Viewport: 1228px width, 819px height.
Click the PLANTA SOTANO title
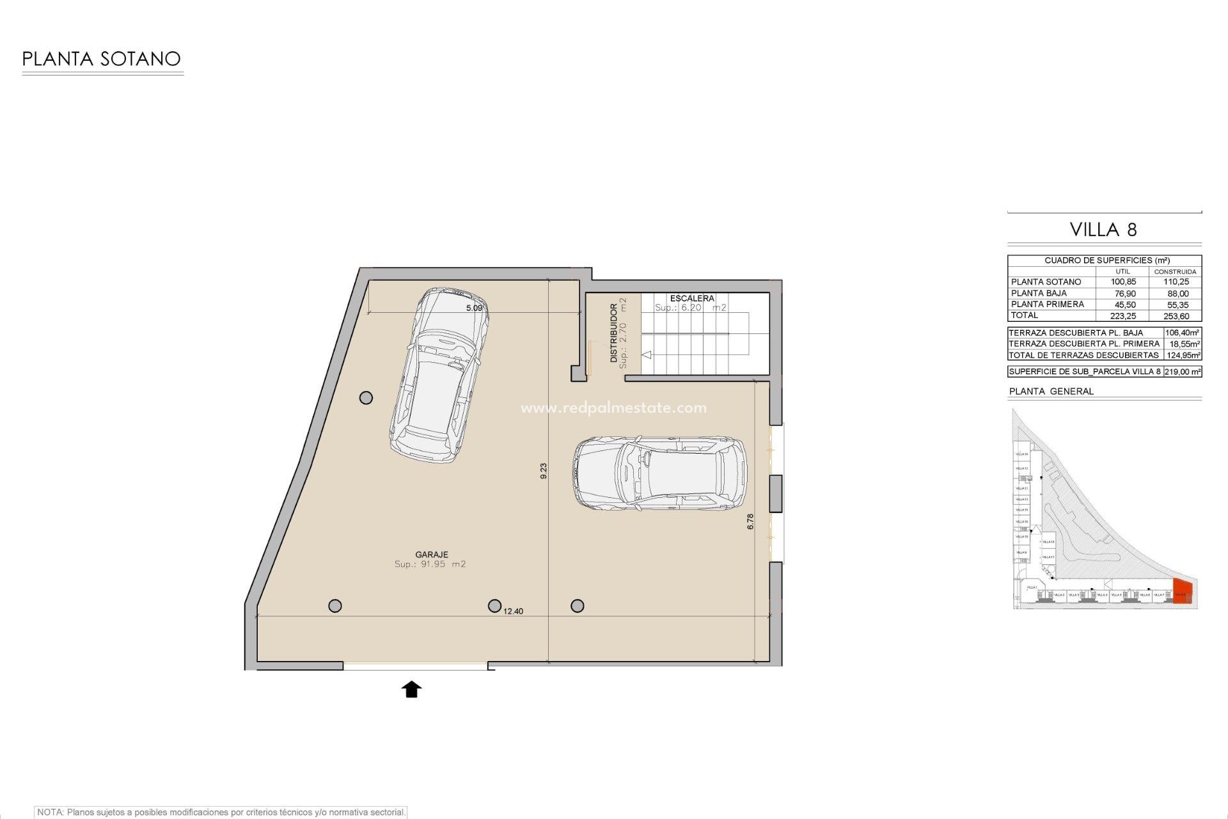coord(101,59)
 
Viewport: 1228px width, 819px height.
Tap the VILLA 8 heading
coord(1103,230)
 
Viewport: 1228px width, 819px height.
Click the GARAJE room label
coord(431,555)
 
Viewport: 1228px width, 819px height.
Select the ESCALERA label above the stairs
coord(691,298)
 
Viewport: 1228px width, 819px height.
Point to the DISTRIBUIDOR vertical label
coord(614,333)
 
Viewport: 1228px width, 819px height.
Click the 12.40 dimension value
coord(513,611)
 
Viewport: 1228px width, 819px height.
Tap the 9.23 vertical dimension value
coord(544,471)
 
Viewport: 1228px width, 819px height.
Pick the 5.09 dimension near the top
coord(474,308)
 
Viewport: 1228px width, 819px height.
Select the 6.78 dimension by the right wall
coord(750,521)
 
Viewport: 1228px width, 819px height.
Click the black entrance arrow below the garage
coord(411,689)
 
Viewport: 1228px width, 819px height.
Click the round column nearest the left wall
coord(366,398)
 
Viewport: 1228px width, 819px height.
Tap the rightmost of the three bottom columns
coord(577,605)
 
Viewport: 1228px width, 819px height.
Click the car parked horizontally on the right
coord(659,473)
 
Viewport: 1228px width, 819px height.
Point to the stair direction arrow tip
coord(645,354)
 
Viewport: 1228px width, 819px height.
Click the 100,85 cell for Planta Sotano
coord(1123,282)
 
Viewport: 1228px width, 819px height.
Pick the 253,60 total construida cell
coord(1176,316)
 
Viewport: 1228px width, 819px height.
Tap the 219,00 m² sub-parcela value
coord(1182,372)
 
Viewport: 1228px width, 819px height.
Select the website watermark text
coord(613,408)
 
